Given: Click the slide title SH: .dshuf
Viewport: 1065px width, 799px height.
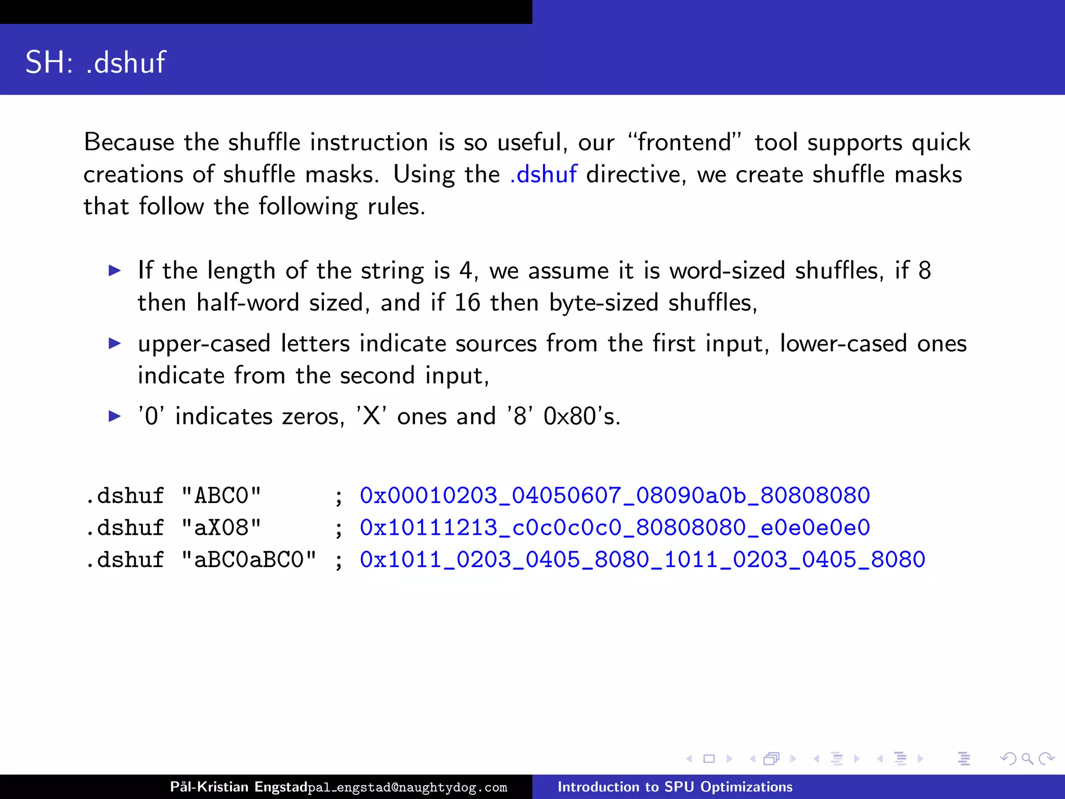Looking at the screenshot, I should (x=96, y=62).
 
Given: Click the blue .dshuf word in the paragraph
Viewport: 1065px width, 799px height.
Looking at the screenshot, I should (x=543, y=175).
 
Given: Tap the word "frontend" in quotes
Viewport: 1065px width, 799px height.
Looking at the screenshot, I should (x=684, y=143).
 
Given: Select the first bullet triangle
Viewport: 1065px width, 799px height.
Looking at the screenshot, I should (x=115, y=270).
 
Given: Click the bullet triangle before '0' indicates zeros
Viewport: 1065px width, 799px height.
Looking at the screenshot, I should (x=115, y=416).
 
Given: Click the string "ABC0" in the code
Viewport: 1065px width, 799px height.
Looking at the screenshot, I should (x=221, y=496).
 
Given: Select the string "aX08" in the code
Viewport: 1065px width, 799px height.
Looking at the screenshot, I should (x=221, y=528).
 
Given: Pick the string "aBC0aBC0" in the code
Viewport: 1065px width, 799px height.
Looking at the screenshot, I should (x=249, y=560).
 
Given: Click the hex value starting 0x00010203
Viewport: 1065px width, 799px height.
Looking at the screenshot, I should (x=615, y=496).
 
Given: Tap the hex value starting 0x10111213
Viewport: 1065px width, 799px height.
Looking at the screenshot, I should (x=615, y=528).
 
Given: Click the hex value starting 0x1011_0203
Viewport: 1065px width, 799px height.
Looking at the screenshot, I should (x=642, y=560).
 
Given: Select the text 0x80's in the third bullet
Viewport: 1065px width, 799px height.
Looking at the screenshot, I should (x=582, y=417).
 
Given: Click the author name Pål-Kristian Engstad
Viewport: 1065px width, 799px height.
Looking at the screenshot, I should (x=239, y=787).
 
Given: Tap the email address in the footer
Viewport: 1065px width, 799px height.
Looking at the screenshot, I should (x=407, y=788).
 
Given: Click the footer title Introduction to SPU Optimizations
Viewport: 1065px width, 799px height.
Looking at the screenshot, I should (x=675, y=787).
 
